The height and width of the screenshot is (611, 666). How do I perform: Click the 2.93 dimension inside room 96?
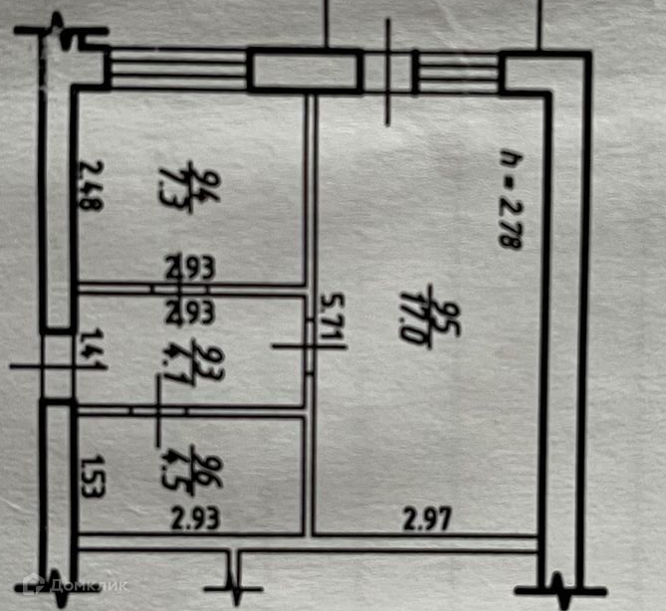(194, 517)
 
